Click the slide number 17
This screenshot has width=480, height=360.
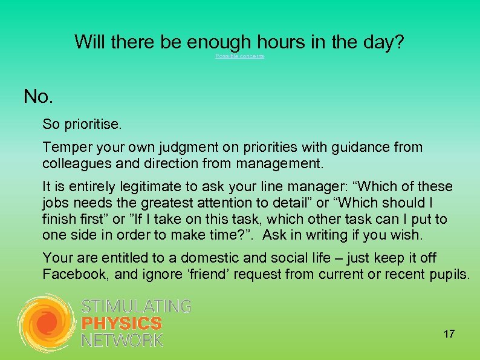pyautogui.click(x=449, y=334)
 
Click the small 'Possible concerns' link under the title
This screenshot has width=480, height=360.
pyautogui.click(x=239, y=56)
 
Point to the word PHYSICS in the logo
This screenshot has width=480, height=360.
pyautogui.click(x=122, y=324)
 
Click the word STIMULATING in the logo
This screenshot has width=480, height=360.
pyautogui.click(x=136, y=306)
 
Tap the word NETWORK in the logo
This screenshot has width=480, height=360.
pyautogui.click(x=122, y=341)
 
